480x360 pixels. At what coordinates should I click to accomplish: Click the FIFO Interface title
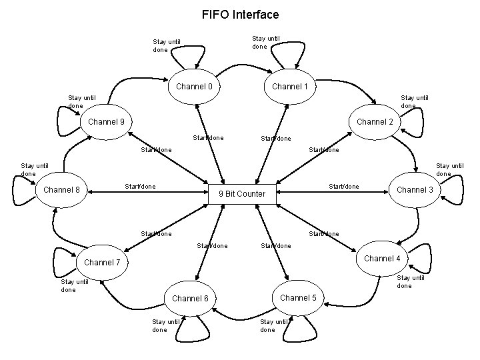(240, 14)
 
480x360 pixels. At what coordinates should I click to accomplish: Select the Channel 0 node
(194, 87)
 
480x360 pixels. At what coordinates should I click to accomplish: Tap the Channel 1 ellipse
(290, 87)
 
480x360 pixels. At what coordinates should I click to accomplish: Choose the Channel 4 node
(382, 259)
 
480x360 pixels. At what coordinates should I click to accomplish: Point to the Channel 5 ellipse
(298, 297)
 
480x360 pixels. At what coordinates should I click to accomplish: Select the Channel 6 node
(191, 298)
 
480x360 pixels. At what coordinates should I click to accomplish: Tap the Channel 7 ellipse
(102, 262)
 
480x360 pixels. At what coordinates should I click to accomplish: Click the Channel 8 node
(61, 190)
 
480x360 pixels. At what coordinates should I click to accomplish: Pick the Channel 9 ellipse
(107, 122)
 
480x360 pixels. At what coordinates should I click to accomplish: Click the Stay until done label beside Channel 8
(33, 169)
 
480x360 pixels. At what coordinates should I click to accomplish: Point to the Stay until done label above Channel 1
(265, 42)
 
